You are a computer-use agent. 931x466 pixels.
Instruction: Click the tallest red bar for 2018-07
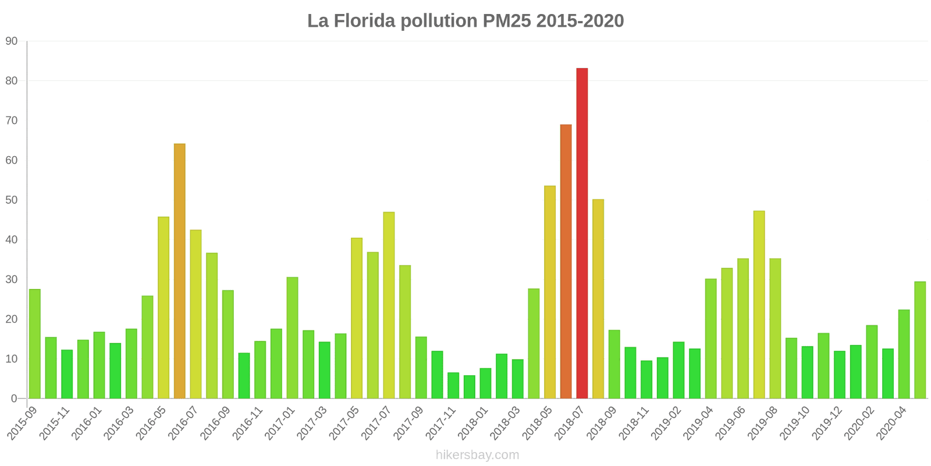pyautogui.click(x=582, y=233)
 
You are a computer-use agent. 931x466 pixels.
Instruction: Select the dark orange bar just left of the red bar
pyautogui.click(x=566, y=262)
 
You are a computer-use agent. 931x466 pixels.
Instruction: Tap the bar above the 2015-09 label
pyautogui.click(x=35, y=344)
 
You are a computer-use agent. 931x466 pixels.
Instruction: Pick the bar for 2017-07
pyautogui.click(x=389, y=305)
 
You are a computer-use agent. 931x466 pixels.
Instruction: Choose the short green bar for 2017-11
pyautogui.click(x=453, y=386)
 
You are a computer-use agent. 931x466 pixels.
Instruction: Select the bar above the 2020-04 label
pyautogui.click(x=904, y=354)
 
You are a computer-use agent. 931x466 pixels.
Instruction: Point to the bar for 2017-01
pyautogui.click(x=292, y=338)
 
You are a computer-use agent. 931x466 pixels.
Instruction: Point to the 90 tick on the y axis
pyautogui.click(x=12, y=41)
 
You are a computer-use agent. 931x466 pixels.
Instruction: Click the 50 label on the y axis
pyautogui.click(x=12, y=200)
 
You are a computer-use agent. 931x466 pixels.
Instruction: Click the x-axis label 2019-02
pyautogui.click(x=667, y=423)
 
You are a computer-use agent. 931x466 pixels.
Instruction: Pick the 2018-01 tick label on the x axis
pyautogui.click(x=474, y=423)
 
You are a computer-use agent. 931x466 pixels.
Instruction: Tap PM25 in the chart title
pyautogui.click(x=506, y=21)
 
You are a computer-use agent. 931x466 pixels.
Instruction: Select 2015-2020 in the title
pyautogui.click(x=580, y=21)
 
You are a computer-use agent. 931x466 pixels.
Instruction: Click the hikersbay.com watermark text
pyautogui.click(x=477, y=455)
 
